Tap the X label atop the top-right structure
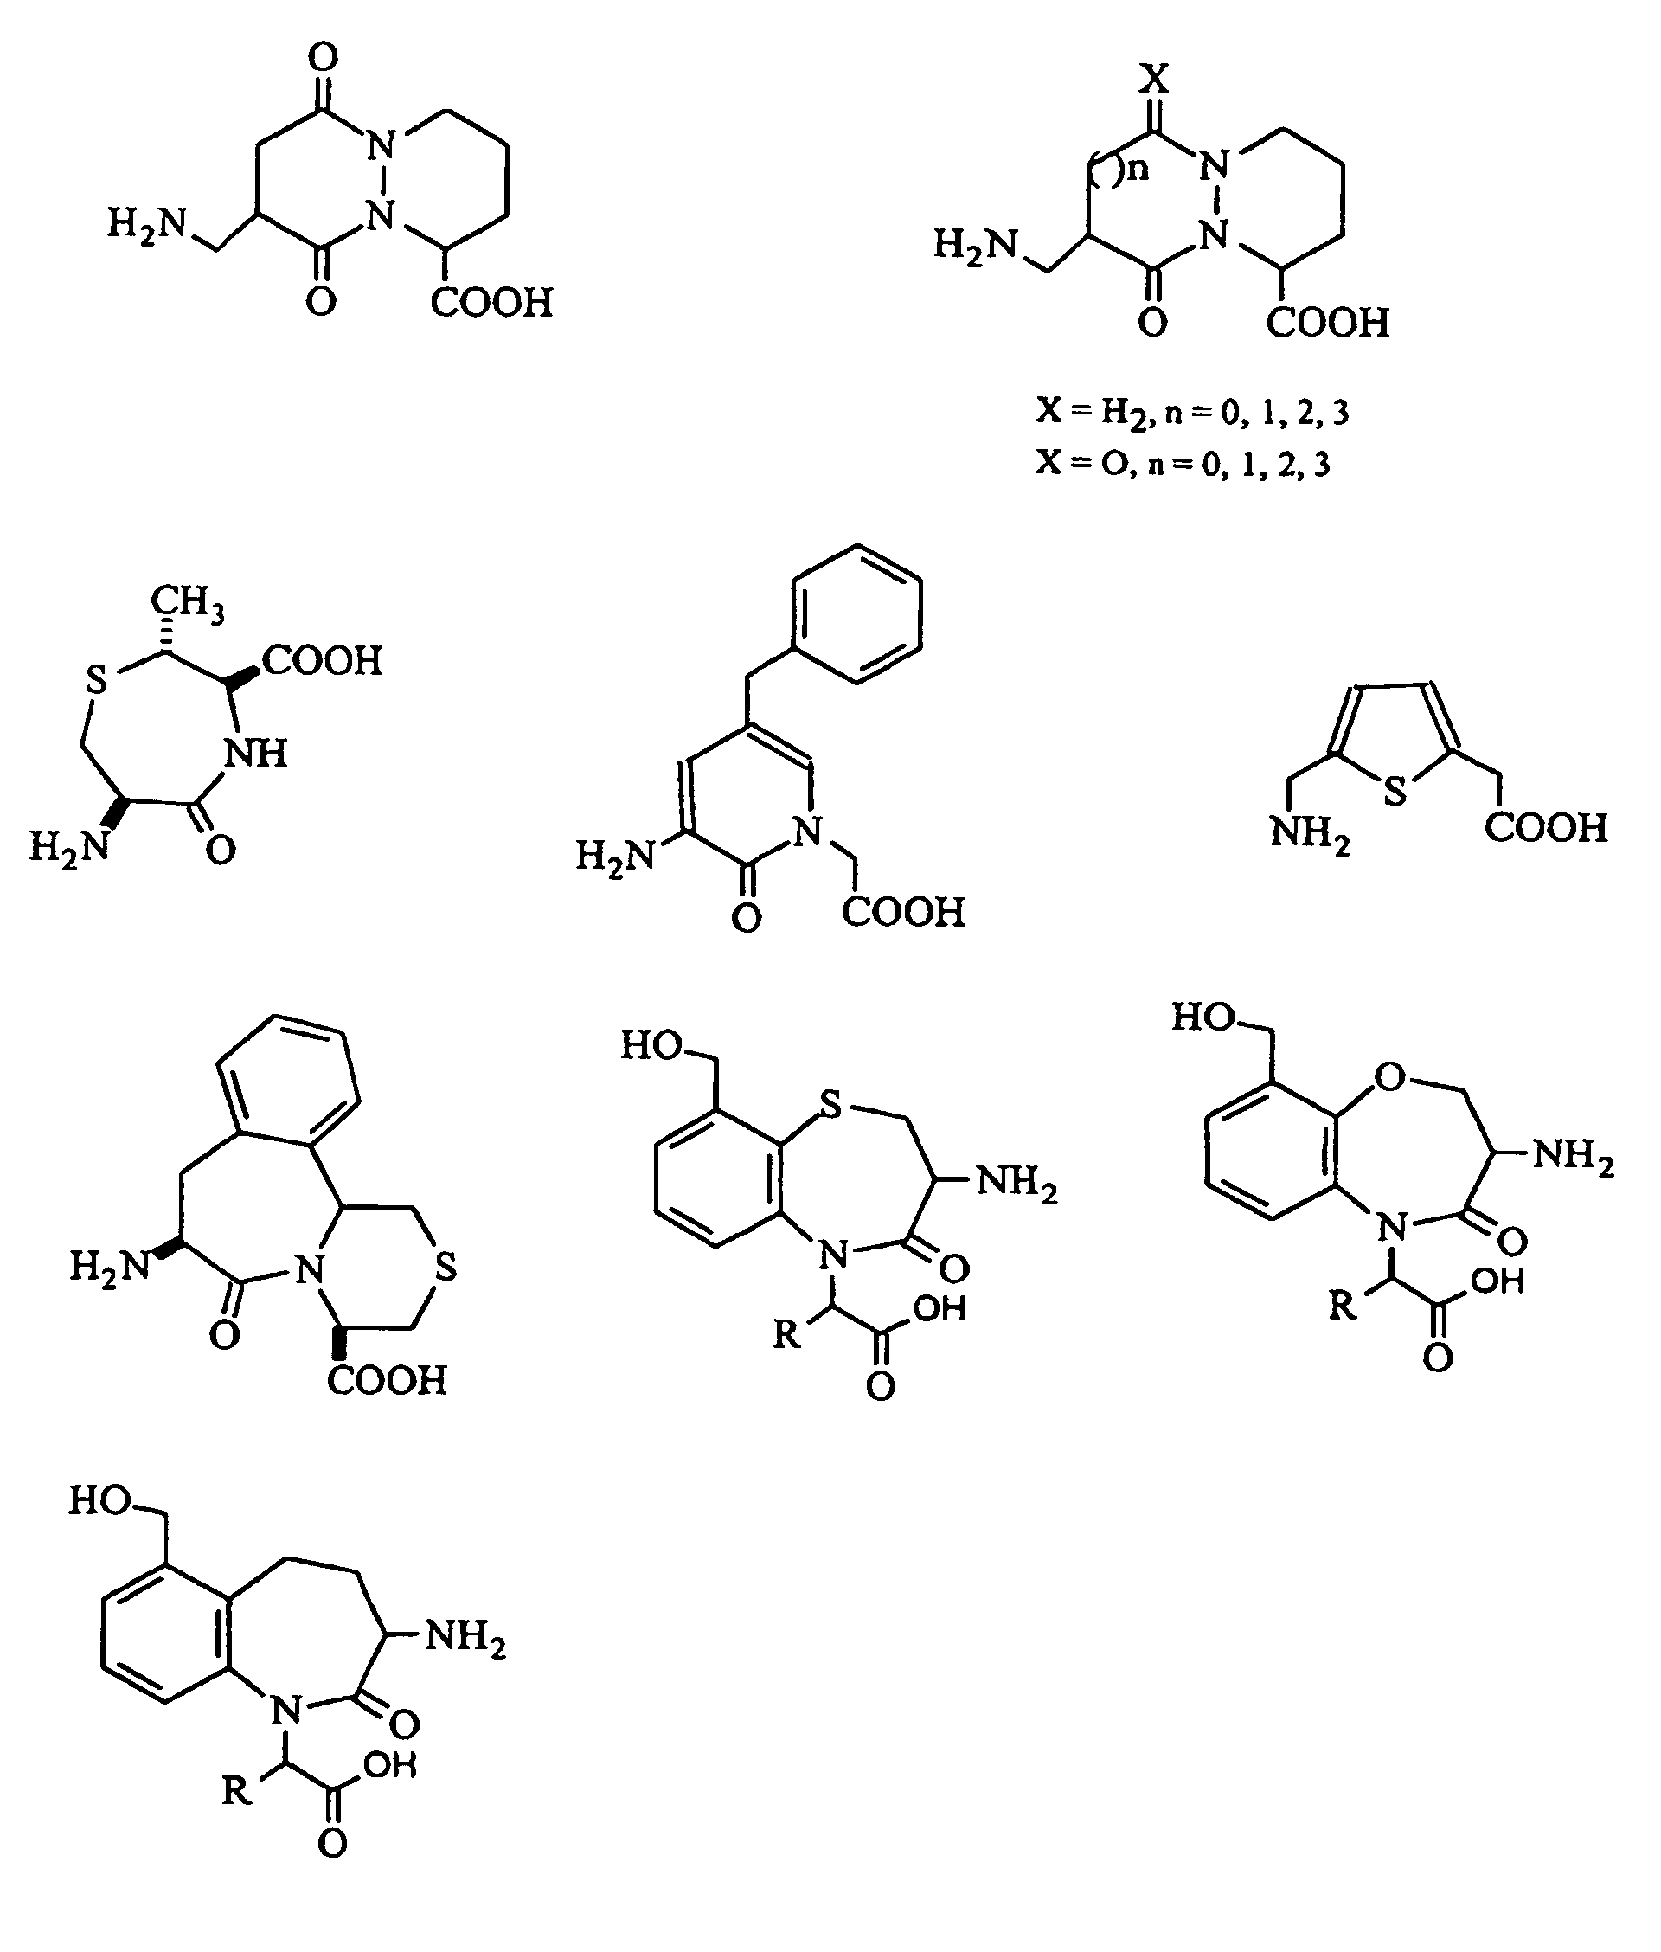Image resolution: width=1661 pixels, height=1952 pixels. click(1153, 78)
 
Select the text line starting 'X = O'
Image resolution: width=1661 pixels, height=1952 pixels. click(1183, 463)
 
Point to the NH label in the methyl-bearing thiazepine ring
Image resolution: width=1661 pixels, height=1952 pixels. click(257, 754)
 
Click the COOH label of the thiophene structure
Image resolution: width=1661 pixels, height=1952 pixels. click(1546, 828)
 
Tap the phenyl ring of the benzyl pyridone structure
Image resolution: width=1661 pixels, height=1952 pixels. click(856, 613)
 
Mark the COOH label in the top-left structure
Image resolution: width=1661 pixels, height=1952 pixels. click(491, 303)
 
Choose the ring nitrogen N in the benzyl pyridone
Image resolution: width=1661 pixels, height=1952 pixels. click(807, 832)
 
